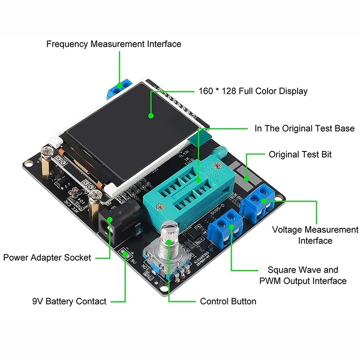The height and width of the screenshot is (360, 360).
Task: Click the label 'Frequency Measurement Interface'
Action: point(113,44)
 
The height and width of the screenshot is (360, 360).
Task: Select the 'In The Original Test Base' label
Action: point(304,128)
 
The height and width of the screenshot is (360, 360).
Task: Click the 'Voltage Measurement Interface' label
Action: point(315,235)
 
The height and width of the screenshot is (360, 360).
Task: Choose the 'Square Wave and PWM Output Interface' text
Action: point(303,276)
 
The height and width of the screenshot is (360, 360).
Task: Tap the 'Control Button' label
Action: point(228,301)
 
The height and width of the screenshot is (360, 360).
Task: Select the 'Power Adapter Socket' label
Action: point(47,257)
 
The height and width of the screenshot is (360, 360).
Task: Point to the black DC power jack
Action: point(112,225)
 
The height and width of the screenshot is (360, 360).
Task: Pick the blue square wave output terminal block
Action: point(225,227)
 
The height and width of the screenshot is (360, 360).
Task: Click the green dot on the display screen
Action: point(151,115)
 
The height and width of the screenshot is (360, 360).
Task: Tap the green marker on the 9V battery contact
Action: point(125,254)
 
